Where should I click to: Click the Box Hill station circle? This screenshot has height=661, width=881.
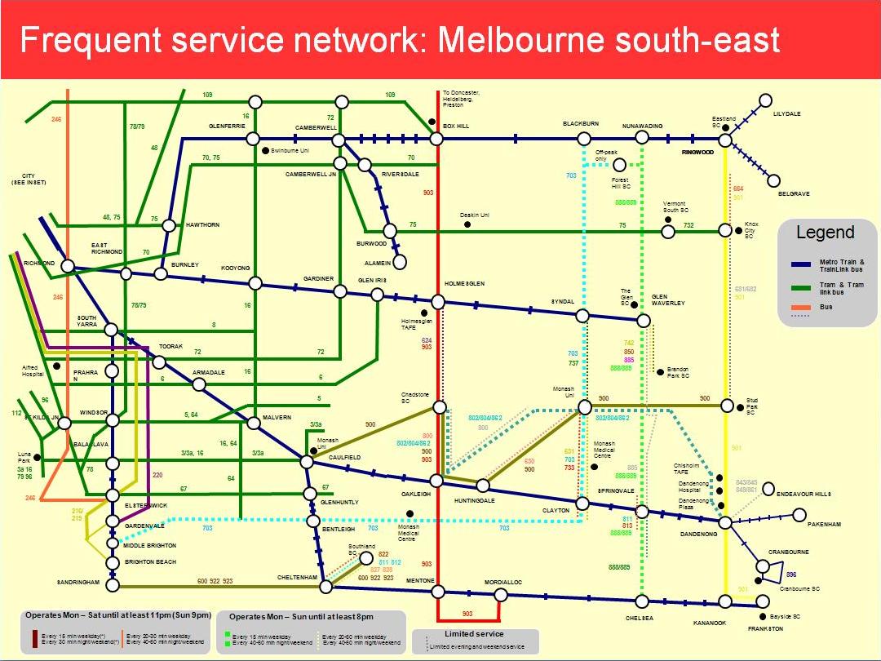436,140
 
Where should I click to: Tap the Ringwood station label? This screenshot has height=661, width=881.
697,152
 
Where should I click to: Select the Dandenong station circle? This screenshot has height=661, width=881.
725,521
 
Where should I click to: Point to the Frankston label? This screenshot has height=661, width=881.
765,629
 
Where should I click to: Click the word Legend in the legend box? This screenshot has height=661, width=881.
826,233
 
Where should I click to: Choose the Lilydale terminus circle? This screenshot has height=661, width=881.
765,100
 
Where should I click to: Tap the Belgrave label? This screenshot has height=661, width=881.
794,194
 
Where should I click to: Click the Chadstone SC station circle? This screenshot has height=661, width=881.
439,406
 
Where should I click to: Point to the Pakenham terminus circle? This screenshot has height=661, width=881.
799,515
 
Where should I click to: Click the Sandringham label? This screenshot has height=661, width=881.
78,583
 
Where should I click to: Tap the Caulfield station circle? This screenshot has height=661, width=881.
307,462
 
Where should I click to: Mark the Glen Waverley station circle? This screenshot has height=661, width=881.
644,321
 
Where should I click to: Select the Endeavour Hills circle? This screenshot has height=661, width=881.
768,489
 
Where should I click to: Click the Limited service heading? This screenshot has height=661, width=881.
474,634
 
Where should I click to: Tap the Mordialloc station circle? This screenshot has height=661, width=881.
500,595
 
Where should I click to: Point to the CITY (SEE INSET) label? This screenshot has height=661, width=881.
29,179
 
